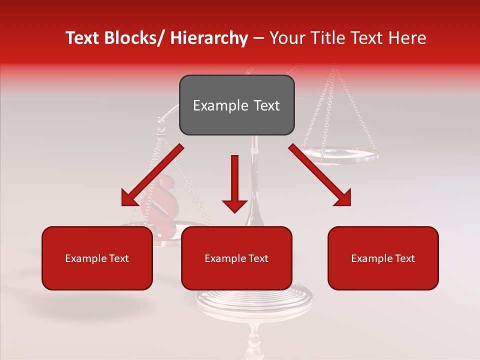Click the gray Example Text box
pos(236,105)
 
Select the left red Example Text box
pos(97,258)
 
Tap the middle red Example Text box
pos(236,258)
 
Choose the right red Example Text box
pos(383,258)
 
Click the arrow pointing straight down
pos(234,183)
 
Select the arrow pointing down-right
pos(320,175)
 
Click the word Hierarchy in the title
pos(209,38)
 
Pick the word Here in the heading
pos(407,38)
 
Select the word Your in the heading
pos(287,38)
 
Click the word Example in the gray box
pos(215,105)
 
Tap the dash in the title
pos(258,38)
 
